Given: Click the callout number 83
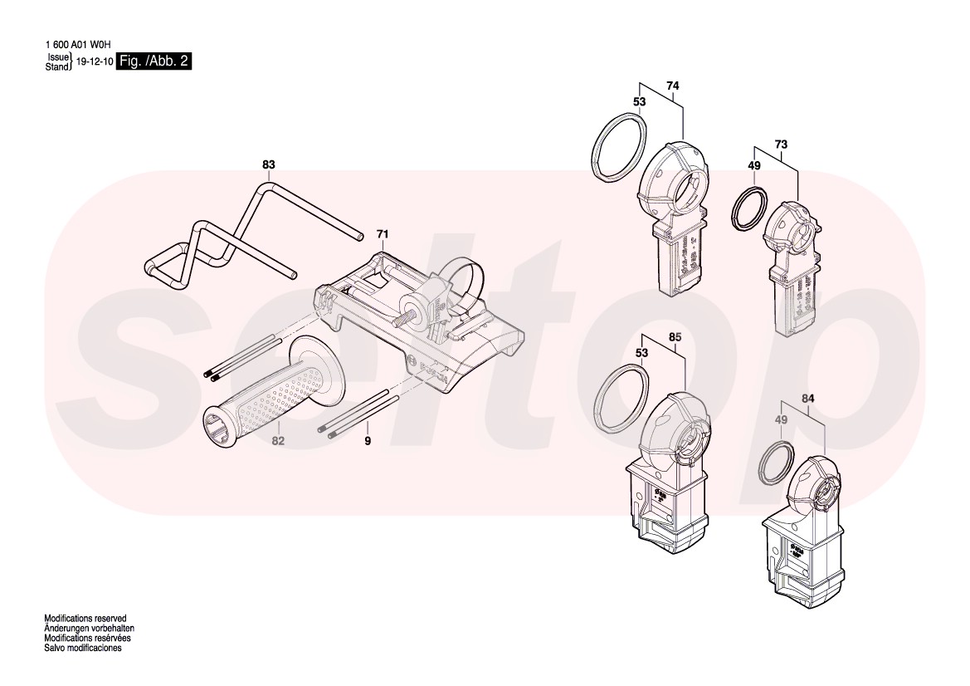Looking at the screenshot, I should coord(268,165).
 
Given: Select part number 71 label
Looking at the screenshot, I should coord(382,234).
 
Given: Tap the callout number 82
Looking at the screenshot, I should coord(278,441).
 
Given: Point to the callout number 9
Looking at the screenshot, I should coord(368,441).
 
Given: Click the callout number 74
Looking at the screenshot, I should coord(673,86).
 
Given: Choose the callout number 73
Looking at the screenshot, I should coord(781,145).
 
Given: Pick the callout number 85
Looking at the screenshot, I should coord(675,337).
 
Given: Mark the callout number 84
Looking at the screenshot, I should coord(808,399).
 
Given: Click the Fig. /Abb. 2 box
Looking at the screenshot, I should coord(154,61).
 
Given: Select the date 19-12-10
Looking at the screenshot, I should coord(94,62).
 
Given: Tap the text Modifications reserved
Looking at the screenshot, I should coord(85,620).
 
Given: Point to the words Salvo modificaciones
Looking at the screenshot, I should coord(83,648).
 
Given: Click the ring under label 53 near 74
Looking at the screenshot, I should coord(619,147).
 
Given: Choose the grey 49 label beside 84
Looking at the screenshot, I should coord(781,421).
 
